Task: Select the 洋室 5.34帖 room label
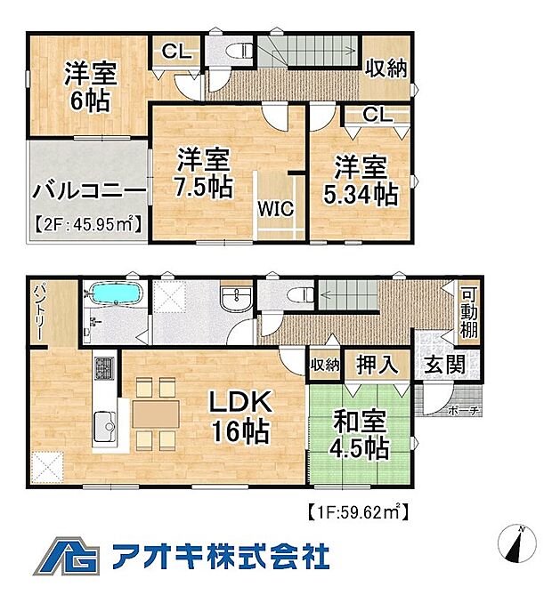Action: coord(361,181)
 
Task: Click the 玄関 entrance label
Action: coord(442,365)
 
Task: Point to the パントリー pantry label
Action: coord(40,311)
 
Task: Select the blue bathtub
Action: coord(112,293)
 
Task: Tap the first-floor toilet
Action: coord(295,293)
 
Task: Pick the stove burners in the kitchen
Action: coord(105,367)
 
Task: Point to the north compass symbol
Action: coord(520,543)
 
